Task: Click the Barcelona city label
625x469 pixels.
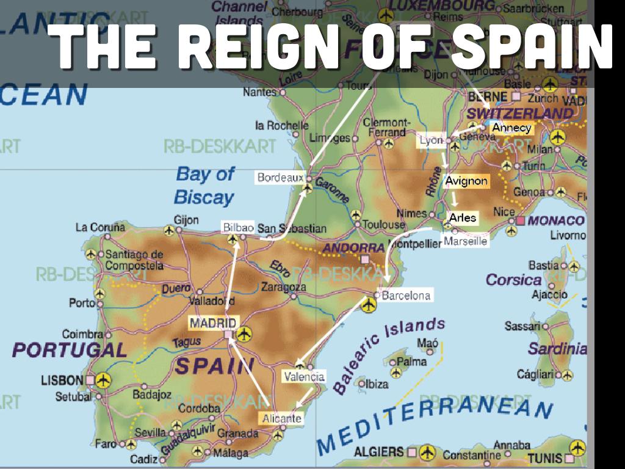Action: pos(406,296)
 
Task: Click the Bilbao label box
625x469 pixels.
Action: pos(238,227)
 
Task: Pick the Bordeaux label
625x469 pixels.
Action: pos(280,178)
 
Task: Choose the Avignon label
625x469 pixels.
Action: pos(466,181)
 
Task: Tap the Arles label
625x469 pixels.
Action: pos(462,217)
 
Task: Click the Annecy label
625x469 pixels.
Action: pos(511,128)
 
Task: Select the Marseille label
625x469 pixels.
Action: pos(466,241)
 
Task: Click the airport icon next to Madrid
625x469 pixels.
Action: pos(244,333)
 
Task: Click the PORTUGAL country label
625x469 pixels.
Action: pos(70,350)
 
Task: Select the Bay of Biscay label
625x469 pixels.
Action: pos(204,185)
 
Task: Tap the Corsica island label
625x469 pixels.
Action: pos(513,280)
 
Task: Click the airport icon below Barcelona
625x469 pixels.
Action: pos(367,305)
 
